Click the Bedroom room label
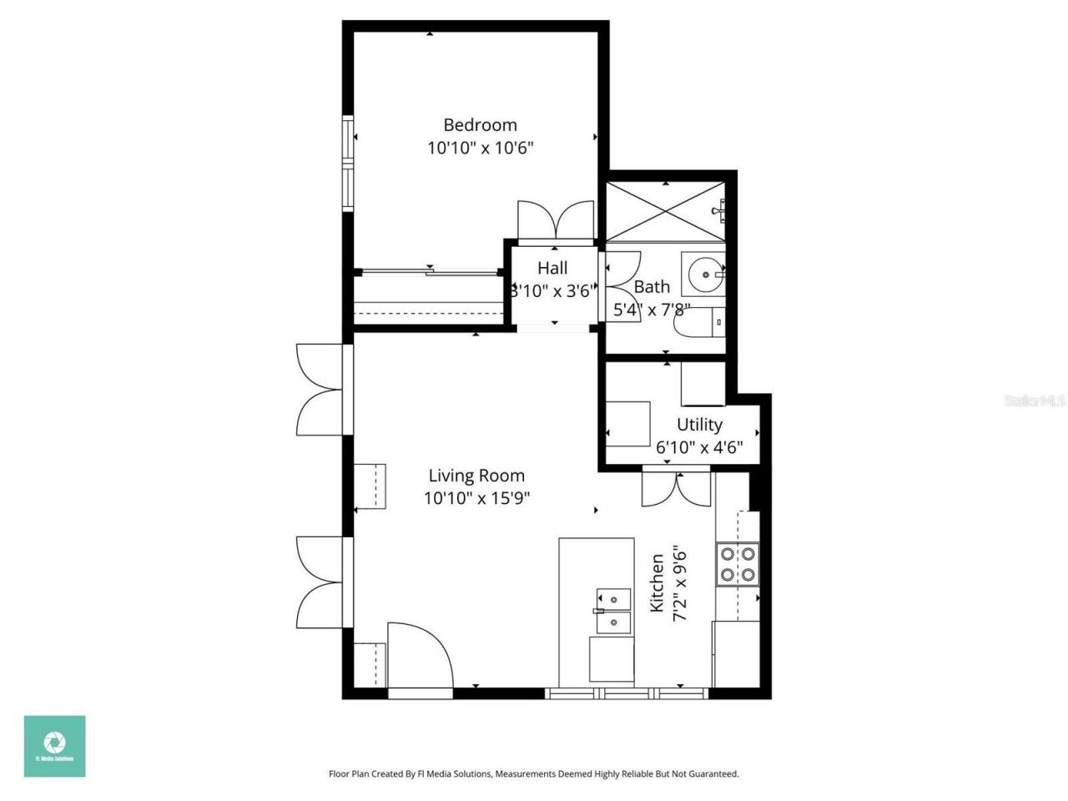[480, 125]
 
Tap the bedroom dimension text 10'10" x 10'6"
[480, 149]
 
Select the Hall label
[552, 268]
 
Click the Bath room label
[652, 287]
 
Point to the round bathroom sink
[705, 274]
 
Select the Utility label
[699, 424]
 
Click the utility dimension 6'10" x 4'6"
[699, 447]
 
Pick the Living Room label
[476, 476]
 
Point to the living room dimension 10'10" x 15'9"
[476, 498]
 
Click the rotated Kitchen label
[657, 582]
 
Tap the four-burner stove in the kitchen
[738, 564]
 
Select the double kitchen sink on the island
[613, 610]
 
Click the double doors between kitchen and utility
[676, 489]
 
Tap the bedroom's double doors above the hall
[555, 221]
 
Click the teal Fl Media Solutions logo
[54, 746]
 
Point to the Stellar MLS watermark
[1035, 400]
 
